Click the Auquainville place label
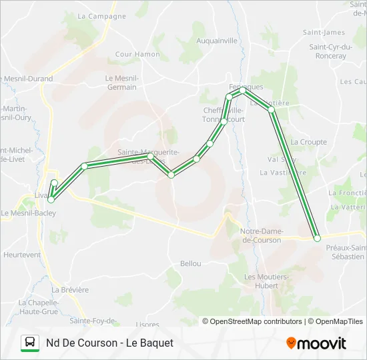[x=217, y=41]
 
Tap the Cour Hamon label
[x=137, y=55]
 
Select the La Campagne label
[x=101, y=16]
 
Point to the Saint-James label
[x=324, y=33]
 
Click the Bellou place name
[x=190, y=263]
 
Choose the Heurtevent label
[x=22, y=255]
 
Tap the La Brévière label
[x=69, y=290]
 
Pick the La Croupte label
[x=308, y=142]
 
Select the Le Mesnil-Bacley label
[x=28, y=213]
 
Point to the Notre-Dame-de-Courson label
[x=260, y=235]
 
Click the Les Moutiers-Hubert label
[x=266, y=281]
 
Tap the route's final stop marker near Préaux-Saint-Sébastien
[x=317, y=238]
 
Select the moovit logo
[x=316, y=343]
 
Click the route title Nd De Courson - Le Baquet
[x=109, y=343]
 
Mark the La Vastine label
[x=278, y=172]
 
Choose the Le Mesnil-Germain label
[x=121, y=83]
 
